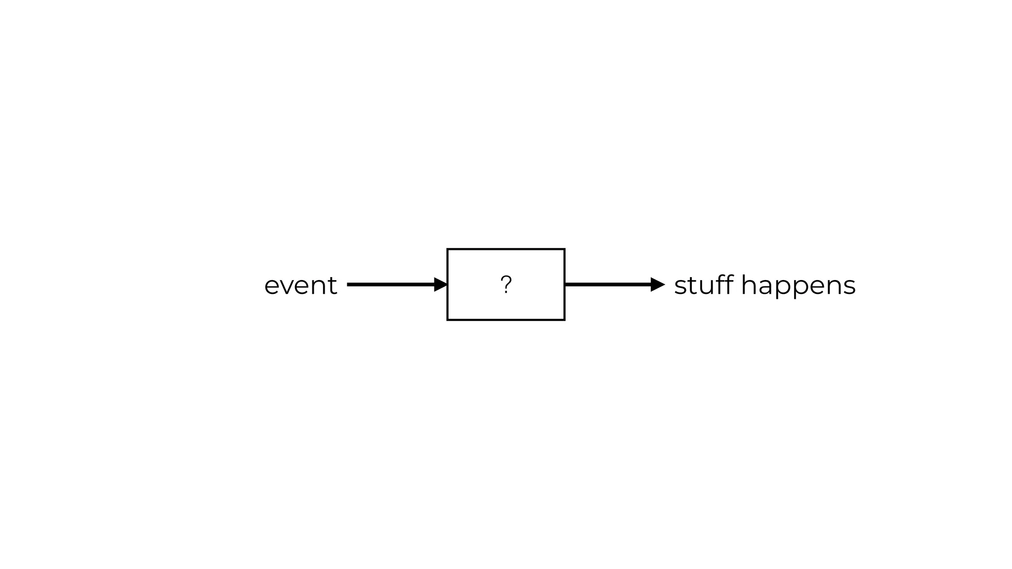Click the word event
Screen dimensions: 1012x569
pos(300,285)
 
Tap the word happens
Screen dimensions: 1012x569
pos(798,286)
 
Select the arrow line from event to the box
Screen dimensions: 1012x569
pos(390,284)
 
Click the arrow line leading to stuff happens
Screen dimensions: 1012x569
pos(608,284)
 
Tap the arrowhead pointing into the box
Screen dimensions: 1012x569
pos(440,284)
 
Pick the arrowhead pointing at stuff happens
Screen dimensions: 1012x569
pos(658,284)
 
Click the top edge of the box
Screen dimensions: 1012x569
pos(506,249)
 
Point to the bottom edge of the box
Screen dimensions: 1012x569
pos(506,320)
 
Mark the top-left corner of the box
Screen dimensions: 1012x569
pos(448,249)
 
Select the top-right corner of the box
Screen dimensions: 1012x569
pos(564,249)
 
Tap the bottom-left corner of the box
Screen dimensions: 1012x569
pos(448,320)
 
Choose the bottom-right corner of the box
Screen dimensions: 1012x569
pos(564,320)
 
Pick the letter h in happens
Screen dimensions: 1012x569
pos(749,285)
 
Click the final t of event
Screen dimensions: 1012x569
pos(332,285)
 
